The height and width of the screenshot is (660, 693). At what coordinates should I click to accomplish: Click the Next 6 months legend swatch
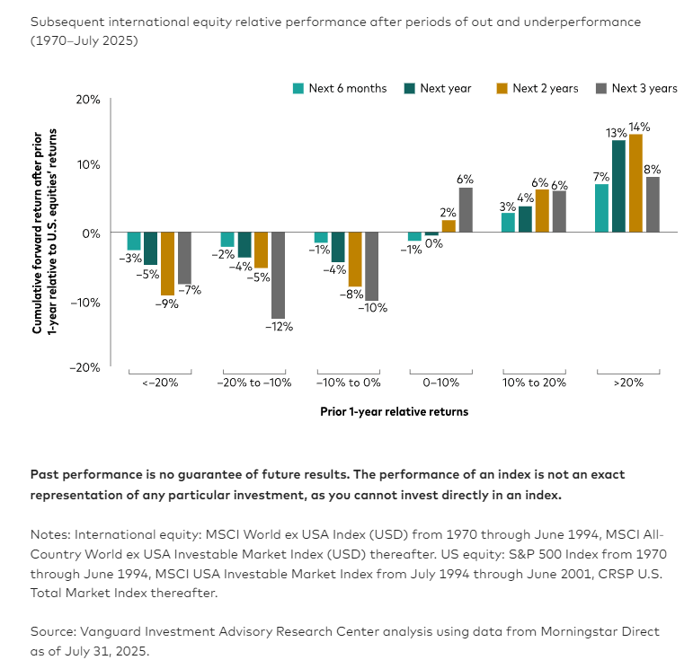(x=298, y=88)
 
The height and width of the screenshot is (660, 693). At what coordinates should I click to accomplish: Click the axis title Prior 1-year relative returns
(x=394, y=412)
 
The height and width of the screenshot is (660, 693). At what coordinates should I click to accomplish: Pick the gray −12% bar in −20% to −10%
(x=278, y=275)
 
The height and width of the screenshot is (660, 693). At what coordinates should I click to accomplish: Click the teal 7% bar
(x=601, y=207)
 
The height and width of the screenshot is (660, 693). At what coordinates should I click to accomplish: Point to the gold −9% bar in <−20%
(x=167, y=263)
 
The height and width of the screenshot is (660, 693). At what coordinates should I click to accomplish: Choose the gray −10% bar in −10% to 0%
(x=371, y=266)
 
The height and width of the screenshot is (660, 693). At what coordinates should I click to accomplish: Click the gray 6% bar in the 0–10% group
(x=465, y=209)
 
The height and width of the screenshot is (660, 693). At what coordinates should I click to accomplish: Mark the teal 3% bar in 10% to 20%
(x=508, y=223)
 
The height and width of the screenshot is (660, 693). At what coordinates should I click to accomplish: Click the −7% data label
(x=190, y=290)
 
